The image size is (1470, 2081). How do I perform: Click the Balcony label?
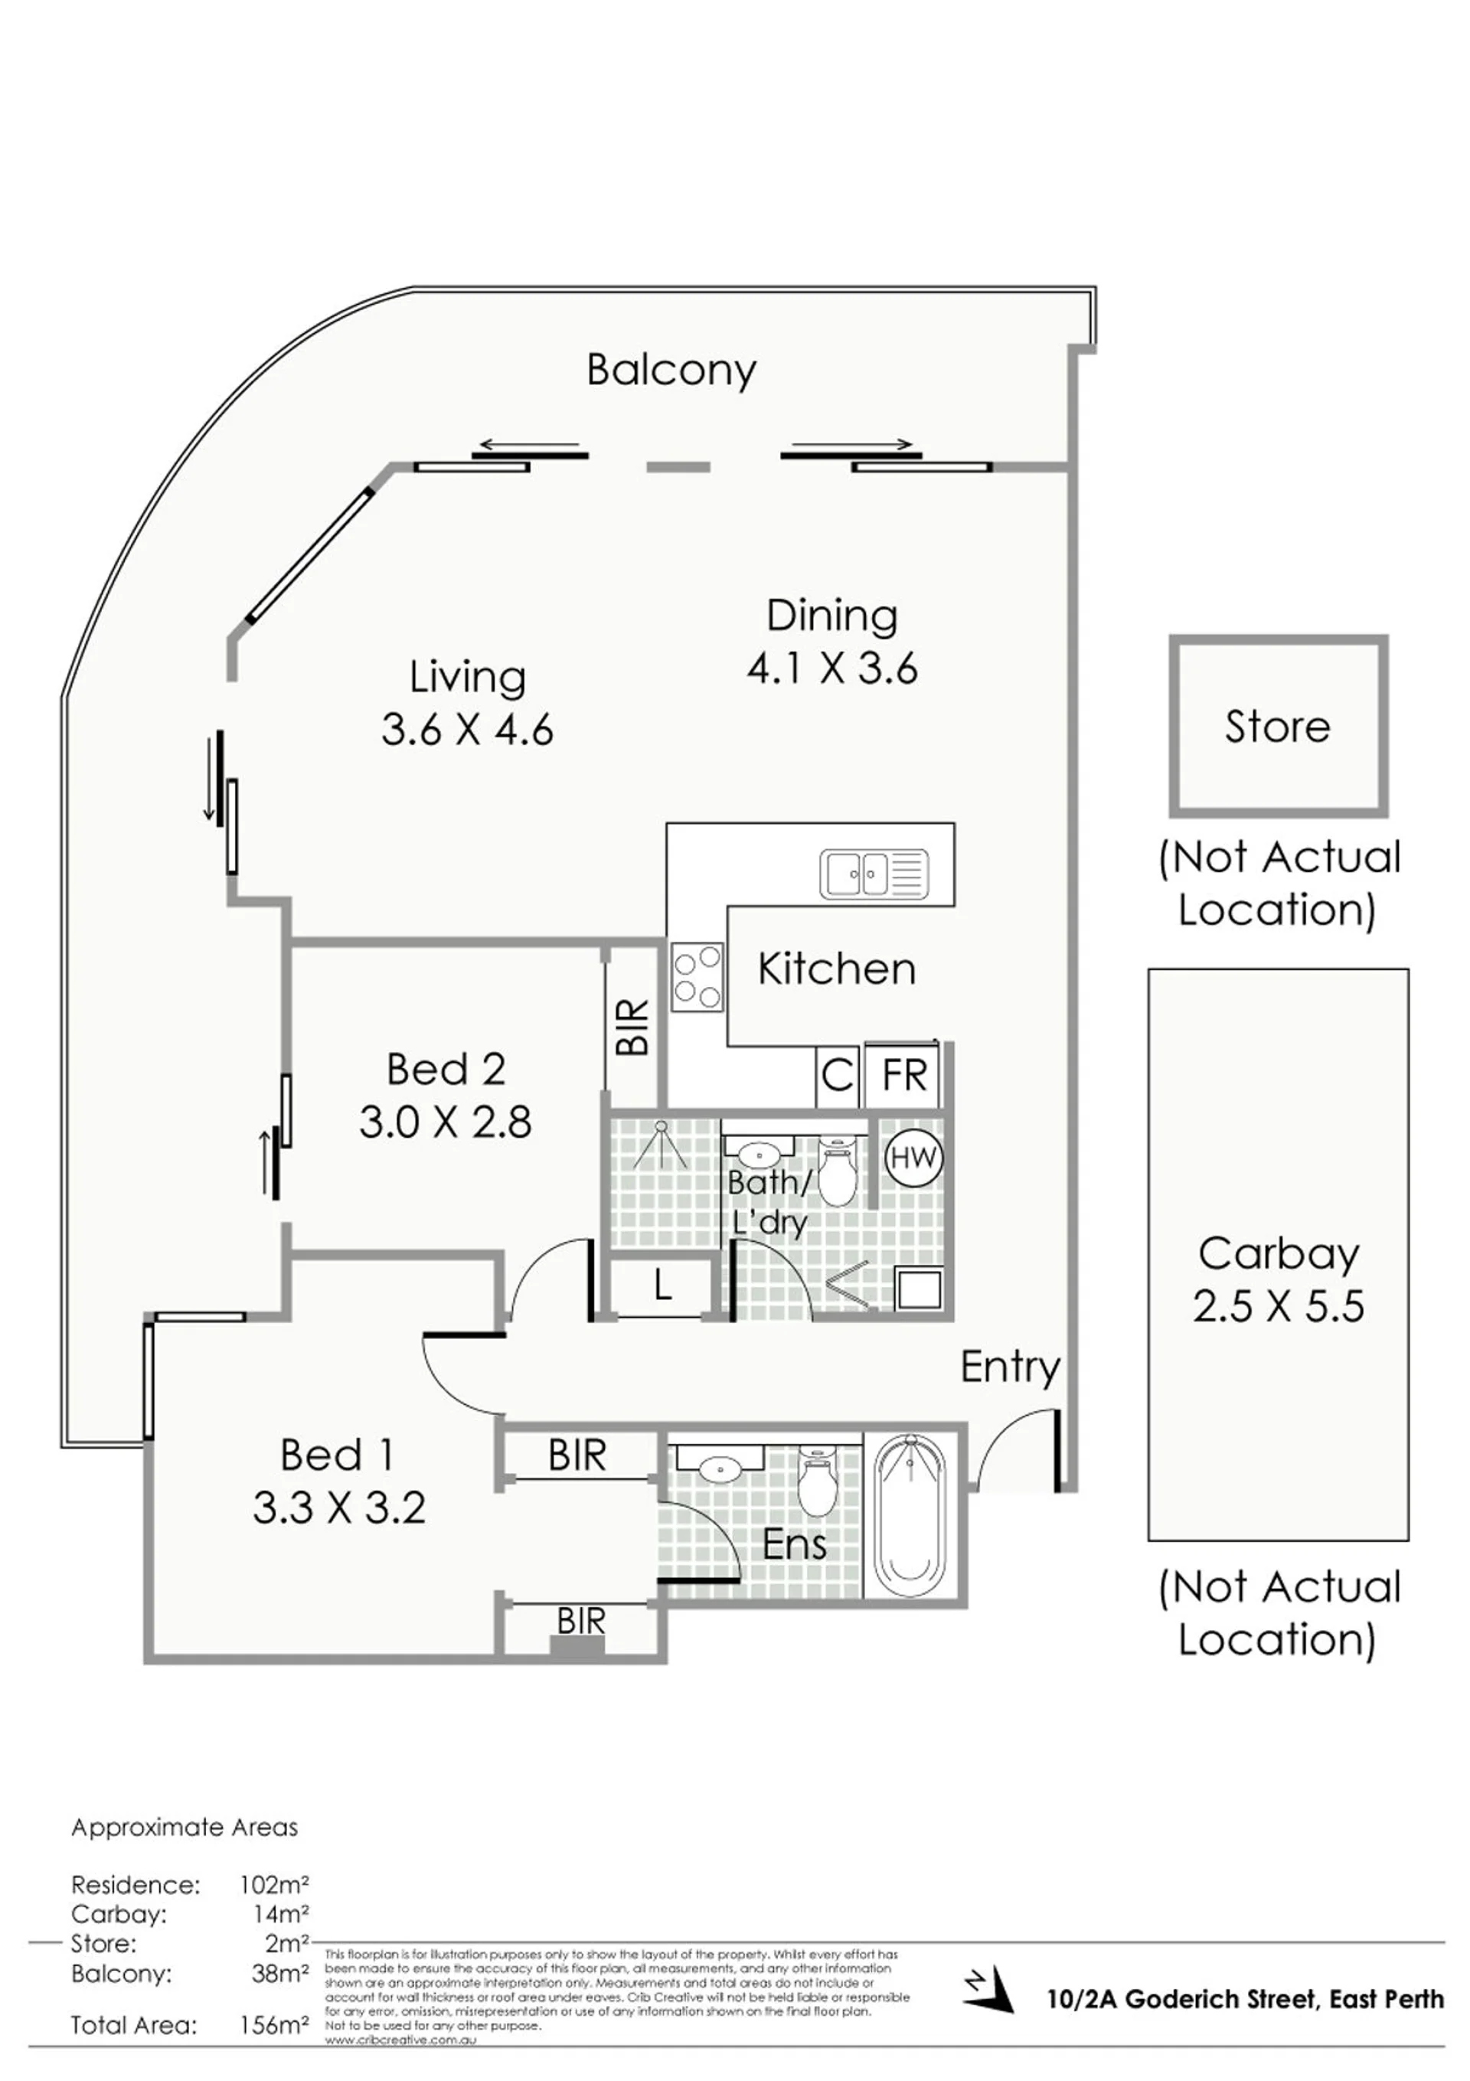(671, 370)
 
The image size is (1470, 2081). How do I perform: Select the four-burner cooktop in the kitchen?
(697, 977)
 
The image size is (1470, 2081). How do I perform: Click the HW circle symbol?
(913, 1158)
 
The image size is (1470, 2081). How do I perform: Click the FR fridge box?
(903, 1076)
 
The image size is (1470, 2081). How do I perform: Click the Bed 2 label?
(445, 1070)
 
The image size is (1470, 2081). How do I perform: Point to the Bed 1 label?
(337, 1455)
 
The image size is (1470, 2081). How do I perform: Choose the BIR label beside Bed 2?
(632, 1027)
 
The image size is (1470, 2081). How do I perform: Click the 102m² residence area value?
(273, 1885)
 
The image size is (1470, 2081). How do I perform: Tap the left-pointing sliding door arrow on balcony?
(528, 444)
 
